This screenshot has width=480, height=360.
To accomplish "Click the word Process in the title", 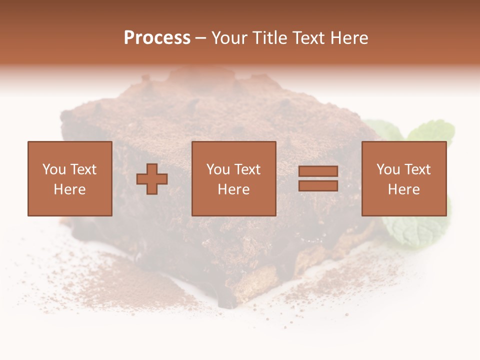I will [x=157, y=38].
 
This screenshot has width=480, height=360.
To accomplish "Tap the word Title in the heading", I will [x=269, y=38].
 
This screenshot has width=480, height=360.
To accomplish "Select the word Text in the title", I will [x=309, y=38].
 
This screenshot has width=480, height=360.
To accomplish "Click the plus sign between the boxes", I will [x=152, y=179].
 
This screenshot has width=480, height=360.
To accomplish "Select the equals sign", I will [x=318, y=178].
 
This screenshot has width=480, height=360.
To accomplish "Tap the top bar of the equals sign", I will [x=318, y=171].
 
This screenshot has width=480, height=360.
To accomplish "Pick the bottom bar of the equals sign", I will [x=318, y=185].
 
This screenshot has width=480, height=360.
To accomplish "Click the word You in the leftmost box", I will [x=53, y=169].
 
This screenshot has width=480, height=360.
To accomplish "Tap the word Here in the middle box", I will [x=234, y=189].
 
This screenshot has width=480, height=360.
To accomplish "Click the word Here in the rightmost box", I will [x=404, y=189].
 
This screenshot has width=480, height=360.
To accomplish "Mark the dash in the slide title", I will [x=201, y=38].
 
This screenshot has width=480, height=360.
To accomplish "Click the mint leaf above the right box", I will [x=430, y=131].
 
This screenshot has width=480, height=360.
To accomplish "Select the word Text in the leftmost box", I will [x=83, y=169].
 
